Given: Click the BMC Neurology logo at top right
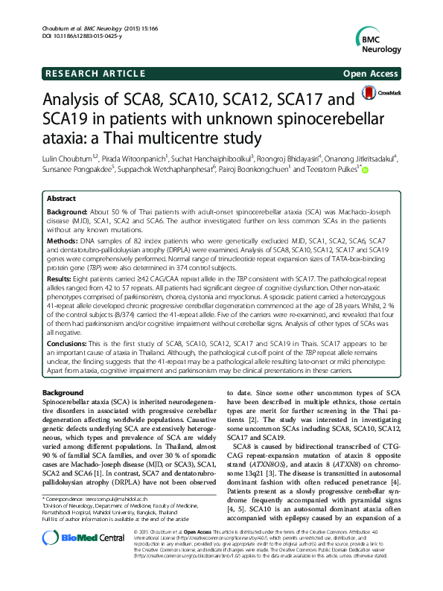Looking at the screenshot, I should pos(384,36).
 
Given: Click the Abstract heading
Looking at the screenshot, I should pos(61,199).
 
